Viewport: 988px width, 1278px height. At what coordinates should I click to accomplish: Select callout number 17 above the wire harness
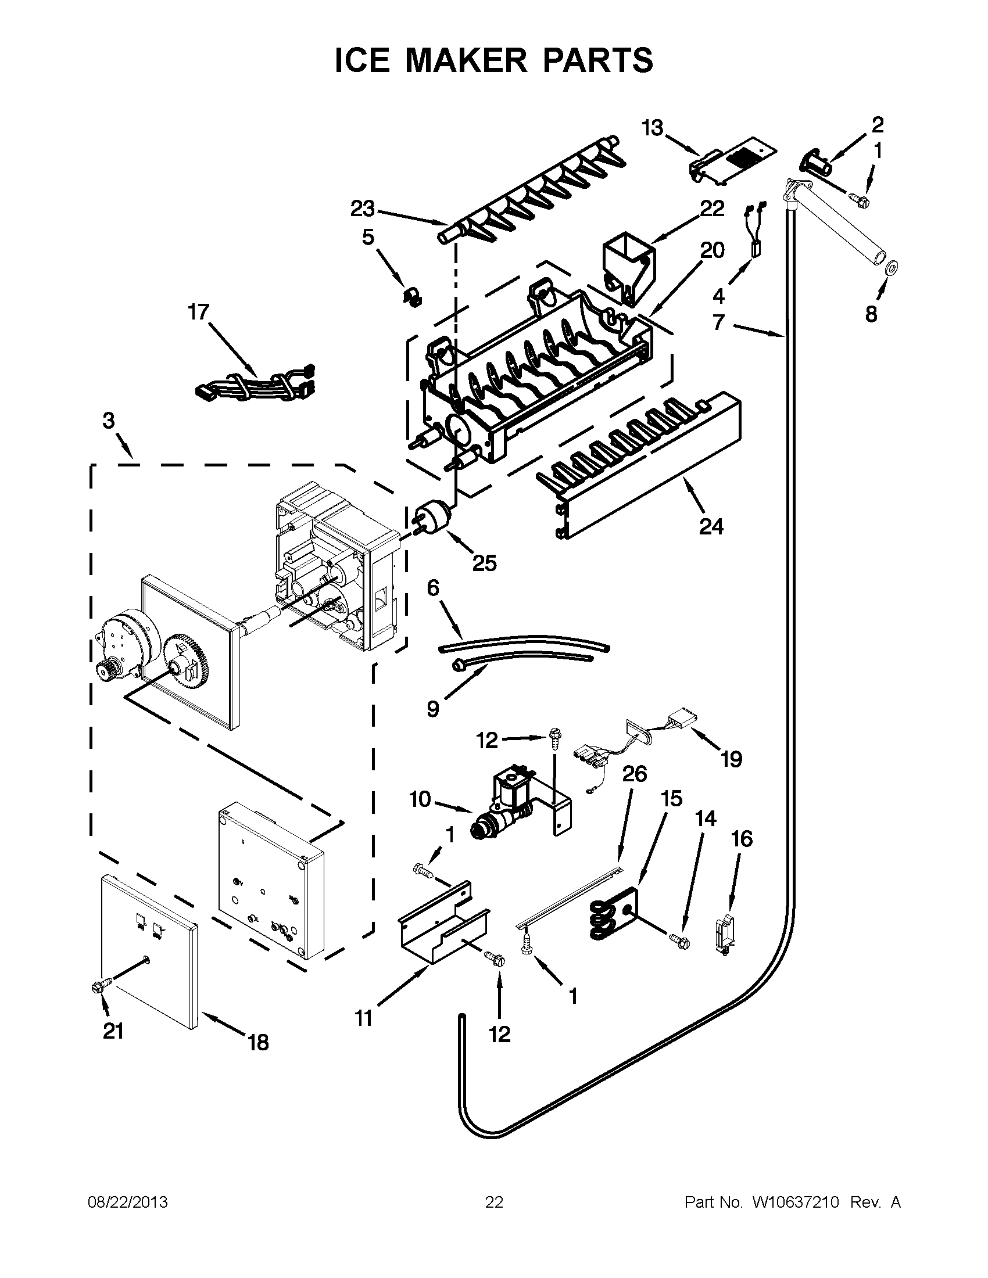[x=198, y=312]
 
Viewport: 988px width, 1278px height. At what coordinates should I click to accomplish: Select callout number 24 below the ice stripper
[x=711, y=527]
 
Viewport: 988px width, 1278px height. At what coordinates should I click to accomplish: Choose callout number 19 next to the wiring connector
[x=731, y=759]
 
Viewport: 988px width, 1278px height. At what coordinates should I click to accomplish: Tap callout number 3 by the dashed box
[x=109, y=421]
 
